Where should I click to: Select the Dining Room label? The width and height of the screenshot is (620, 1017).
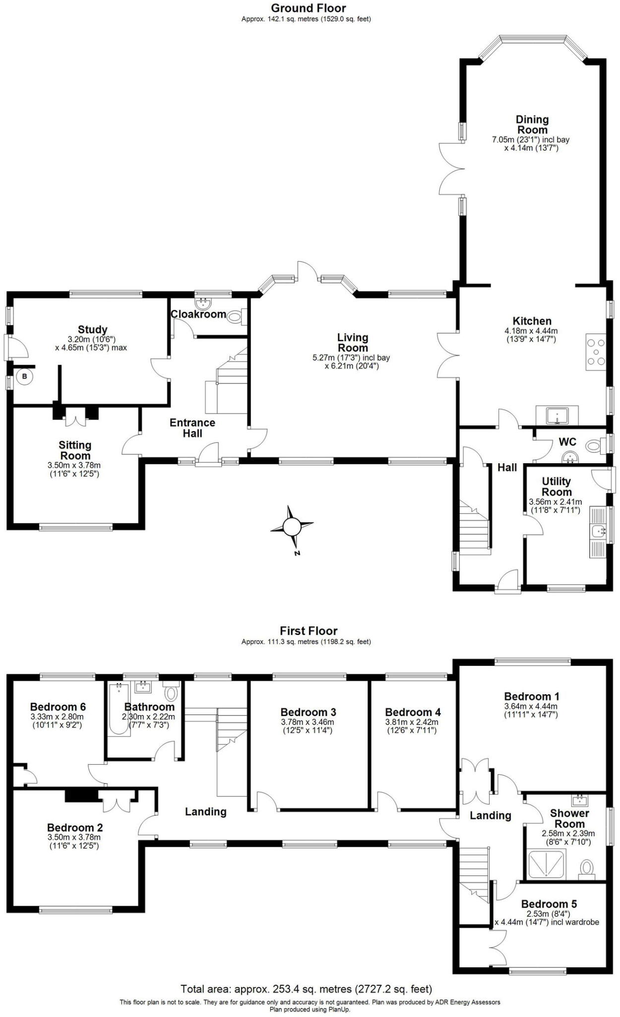[x=532, y=124]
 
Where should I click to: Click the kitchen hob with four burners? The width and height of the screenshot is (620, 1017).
[x=596, y=352]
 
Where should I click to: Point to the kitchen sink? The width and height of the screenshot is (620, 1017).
[x=557, y=415]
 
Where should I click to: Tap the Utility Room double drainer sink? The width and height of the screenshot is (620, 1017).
[x=599, y=531]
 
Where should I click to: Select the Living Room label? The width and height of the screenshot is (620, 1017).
[x=353, y=342]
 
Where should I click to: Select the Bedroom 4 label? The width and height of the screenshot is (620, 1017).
[x=413, y=712]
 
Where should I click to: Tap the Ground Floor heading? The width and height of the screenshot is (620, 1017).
[x=308, y=8]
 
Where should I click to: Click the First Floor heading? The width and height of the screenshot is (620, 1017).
[x=308, y=631]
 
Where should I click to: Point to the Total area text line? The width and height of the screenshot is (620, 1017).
[x=306, y=989]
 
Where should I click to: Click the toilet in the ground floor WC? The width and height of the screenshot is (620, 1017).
[x=593, y=445]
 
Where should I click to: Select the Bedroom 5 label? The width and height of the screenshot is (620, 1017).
[x=549, y=904]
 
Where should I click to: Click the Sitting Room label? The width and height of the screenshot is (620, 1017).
[x=75, y=450]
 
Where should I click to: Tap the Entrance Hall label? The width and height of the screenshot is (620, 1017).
[x=192, y=428]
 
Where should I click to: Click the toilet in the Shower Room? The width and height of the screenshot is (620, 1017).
[x=587, y=867]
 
